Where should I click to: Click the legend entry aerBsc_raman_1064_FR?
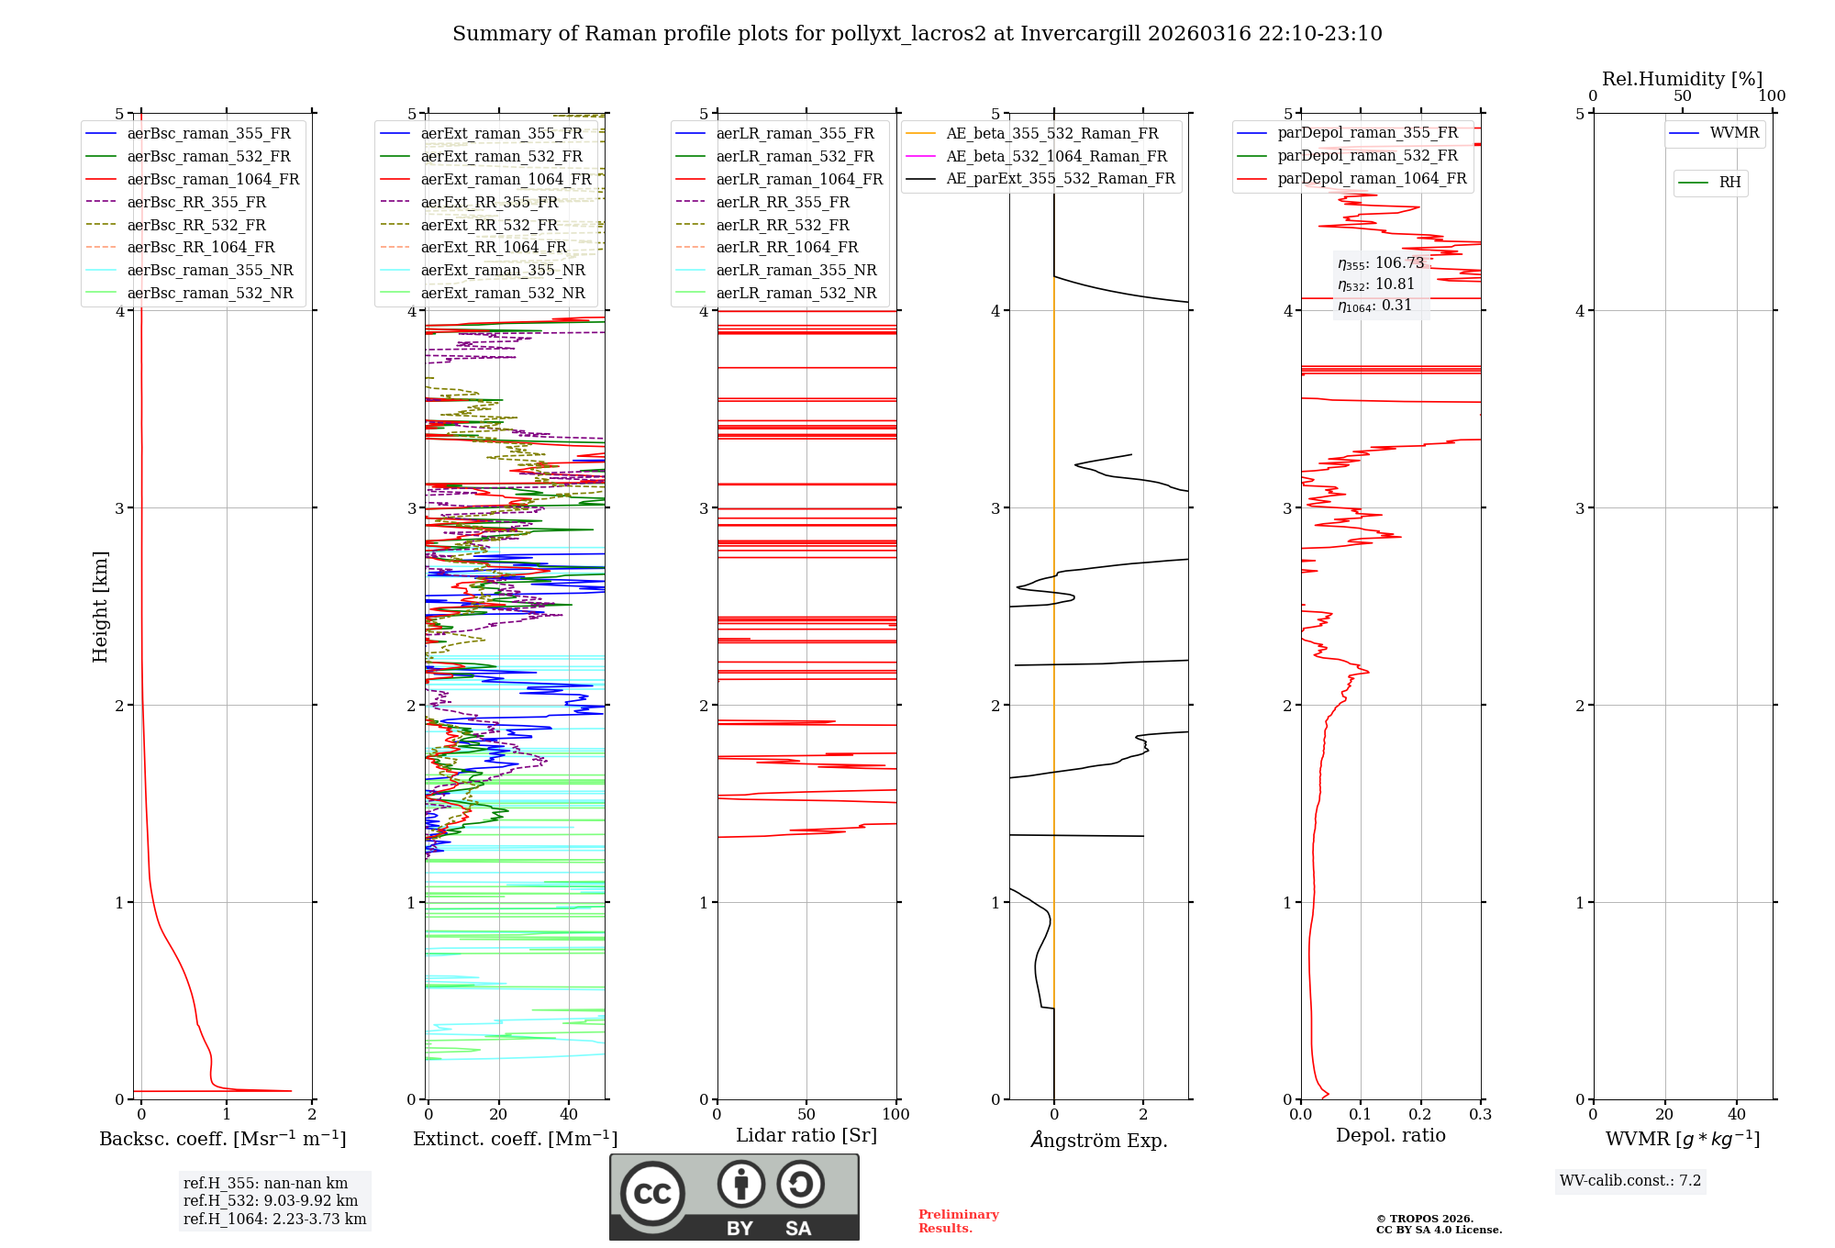tap(213, 179)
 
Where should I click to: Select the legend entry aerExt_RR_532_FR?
tap(489, 225)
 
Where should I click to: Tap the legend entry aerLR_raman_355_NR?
tap(795, 270)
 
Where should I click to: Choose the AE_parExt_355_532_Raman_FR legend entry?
tap(1060, 178)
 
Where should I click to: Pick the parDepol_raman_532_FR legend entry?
tap(1367, 155)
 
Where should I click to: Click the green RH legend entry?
tap(1729, 183)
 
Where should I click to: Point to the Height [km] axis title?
tap(100, 607)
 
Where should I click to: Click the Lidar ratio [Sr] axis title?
tap(806, 1135)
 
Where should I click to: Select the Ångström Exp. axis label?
tap(1098, 1140)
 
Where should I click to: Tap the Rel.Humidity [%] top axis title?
tap(1682, 79)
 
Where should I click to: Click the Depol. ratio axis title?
tap(1390, 1135)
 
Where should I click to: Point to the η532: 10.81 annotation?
tap(1376, 284)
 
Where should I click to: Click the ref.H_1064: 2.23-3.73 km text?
tap(274, 1219)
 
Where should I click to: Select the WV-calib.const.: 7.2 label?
tap(1630, 1180)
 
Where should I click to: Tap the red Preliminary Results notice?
tap(958, 1220)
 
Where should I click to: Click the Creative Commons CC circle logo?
tap(652, 1193)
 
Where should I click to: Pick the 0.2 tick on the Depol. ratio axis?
tap(1420, 1114)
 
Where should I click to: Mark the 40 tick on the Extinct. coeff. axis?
tap(569, 1114)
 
